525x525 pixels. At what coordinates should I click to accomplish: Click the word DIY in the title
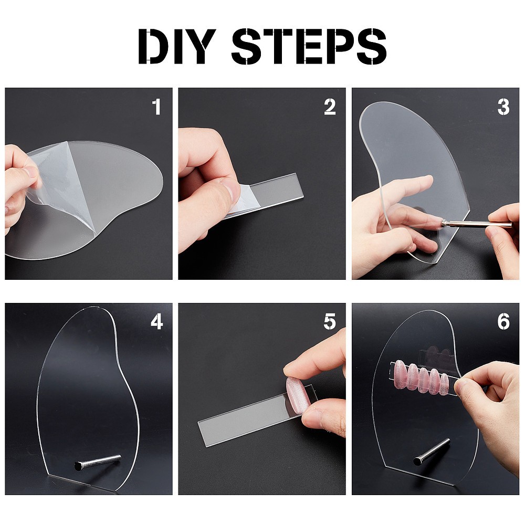[x=177, y=46]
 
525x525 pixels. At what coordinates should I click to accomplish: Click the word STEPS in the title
[x=309, y=46]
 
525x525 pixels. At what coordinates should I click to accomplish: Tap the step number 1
[x=156, y=107]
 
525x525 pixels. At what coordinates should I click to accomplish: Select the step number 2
[x=330, y=107]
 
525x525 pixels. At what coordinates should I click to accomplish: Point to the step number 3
[x=503, y=107]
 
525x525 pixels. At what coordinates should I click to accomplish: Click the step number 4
[x=156, y=321]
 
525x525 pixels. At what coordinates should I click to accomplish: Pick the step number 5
[x=330, y=321]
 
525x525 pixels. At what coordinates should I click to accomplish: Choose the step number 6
[x=503, y=321]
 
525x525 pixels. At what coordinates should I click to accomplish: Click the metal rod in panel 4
[x=98, y=462]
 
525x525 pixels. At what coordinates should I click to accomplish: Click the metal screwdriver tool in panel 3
[x=476, y=224]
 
